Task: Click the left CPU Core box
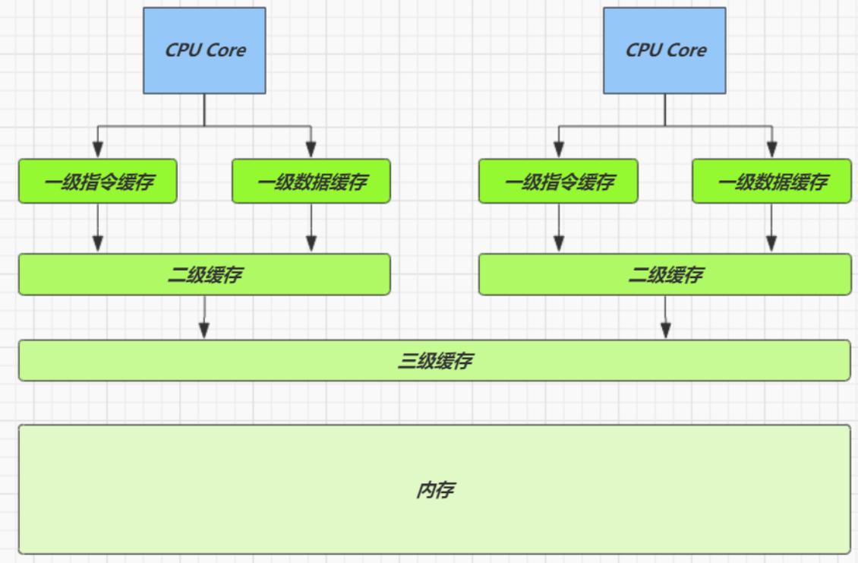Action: coord(205,50)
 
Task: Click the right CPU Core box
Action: coord(665,50)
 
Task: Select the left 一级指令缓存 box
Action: coord(97,182)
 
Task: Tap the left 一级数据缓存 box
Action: coord(311,182)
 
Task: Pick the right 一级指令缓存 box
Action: coord(558,182)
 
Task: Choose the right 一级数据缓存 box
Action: coord(771,182)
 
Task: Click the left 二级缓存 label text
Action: coord(205,274)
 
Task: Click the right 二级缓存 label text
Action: coord(665,274)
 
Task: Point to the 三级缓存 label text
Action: coord(434,360)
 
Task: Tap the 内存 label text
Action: coord(434,489)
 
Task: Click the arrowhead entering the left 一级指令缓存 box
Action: coord(97,150)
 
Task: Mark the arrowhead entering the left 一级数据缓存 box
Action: coord(311,150)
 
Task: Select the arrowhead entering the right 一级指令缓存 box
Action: coord(559,150)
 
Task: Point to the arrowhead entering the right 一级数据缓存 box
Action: coord(771,150)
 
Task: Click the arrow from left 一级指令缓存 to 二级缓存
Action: coord(97,228)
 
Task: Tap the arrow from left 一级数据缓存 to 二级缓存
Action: coord(311,228)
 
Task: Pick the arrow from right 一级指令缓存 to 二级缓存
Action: coord(559,228)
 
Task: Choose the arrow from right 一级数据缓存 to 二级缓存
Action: coord(771,228)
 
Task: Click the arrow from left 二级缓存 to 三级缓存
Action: coord(203,317)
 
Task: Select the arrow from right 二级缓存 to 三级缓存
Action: coord(666,317)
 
